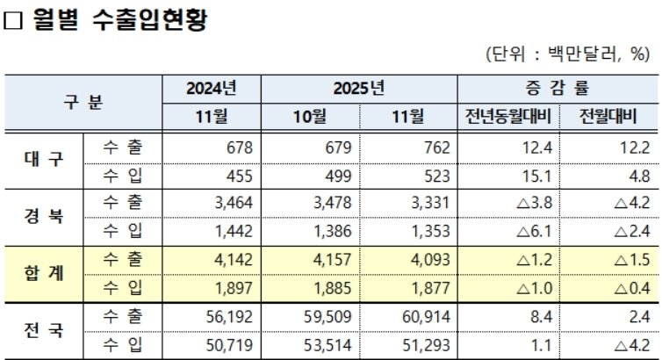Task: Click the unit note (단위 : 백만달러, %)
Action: (x=566, y=54)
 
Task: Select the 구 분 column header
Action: (x=83, y=102)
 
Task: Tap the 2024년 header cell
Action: (x=212, y=89)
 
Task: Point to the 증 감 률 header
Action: (x=555, y=89)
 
